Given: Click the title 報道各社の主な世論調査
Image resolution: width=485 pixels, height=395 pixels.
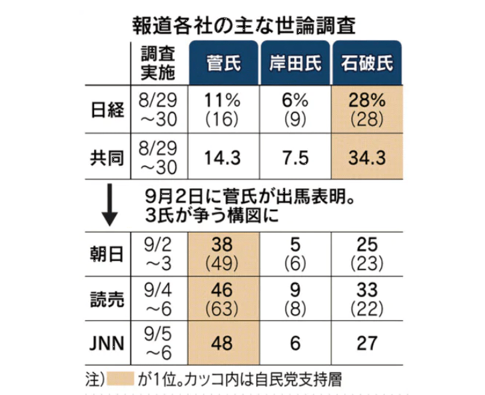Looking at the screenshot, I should [243, 25].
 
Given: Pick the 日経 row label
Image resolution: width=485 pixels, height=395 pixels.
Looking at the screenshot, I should [106, 110].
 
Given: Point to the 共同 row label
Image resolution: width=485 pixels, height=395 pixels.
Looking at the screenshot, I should [106, 158].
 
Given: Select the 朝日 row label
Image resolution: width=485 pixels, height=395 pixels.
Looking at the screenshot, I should [106, 254].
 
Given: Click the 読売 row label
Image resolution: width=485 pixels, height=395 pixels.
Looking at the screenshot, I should [106, 298].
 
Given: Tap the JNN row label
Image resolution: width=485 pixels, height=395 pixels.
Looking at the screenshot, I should [106, 344].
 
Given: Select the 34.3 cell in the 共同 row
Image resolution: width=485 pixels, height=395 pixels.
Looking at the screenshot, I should [367, 158].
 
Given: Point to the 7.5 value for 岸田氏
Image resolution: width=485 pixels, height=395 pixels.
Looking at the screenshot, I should [294, 158].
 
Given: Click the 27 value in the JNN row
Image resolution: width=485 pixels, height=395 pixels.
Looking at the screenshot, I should [367, 344].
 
